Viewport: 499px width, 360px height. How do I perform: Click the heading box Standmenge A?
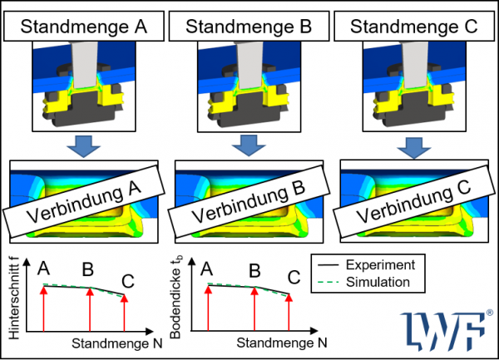point(83,26)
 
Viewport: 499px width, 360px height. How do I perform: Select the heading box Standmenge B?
point(249,26)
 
